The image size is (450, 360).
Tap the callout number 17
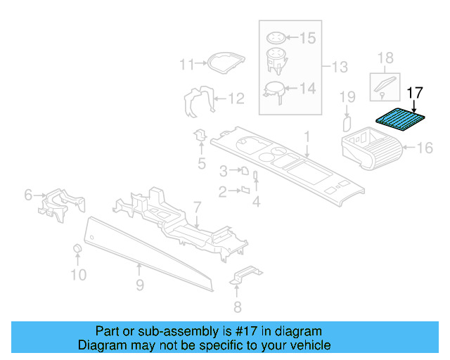tap(416, 91)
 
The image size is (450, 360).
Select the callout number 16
tap(425, 148)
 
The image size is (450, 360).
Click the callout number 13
tap(340, 67)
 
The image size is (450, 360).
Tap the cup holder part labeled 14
tap(274, 89)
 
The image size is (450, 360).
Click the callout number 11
tap(186, 65)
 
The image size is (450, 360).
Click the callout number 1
tap(307, 135)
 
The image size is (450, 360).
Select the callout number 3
tap(224, 170)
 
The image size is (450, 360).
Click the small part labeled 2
tap(245, 189)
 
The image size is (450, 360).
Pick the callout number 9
tap(140, 285)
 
